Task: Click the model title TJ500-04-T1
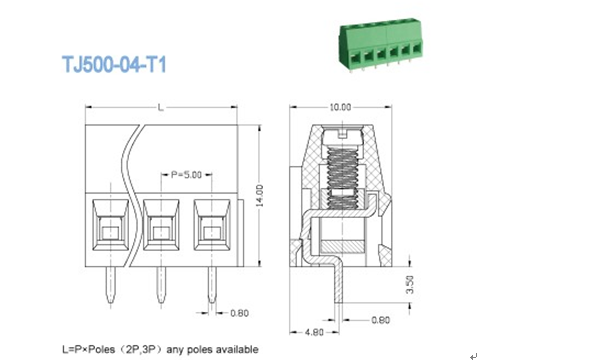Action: (x=113, y=66)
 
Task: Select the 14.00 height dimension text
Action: (x=259, y=189)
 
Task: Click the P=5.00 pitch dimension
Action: (x=186, y=173)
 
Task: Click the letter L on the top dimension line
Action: (x=160, y=107)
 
